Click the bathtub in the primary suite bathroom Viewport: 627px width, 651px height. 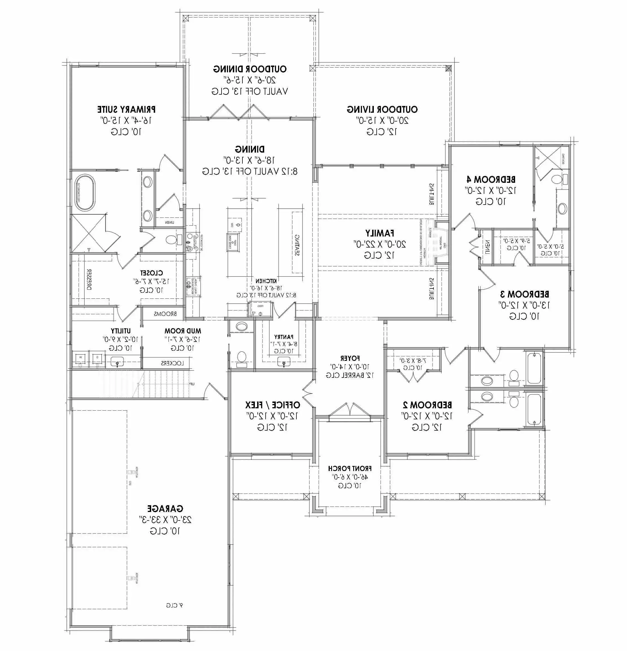pyautogui.click(x=84, y=193)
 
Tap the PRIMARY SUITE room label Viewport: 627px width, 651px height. pyautogui.click(x=126, y=109)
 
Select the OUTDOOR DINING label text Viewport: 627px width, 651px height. pyautogui.click(x=250, y=69)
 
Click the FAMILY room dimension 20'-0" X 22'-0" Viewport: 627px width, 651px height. pyautogui.click(x=379, y=244)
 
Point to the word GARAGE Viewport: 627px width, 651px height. pyautogui.click(x=165, y=509)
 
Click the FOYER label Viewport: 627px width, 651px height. pyautogui.click(x=350, y=358)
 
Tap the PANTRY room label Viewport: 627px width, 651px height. pyautogui.click(x=284, y=337)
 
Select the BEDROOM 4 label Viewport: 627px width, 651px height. pyautogui.click(x=491, y=180)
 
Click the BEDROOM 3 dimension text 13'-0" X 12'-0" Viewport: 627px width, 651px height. pyautogui.click(x=524, y=305)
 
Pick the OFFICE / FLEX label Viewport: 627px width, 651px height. pyautogui.click(x=272, y=405)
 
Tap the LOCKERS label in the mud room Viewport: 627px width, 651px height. pyautogui.click(x=172, y=363)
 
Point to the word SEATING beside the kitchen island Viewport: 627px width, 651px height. pyautogui.click(x=297, y=245)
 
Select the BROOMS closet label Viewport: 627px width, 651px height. pyautogui.click(x=165, y=314)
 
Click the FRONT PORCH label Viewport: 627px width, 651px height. pyautogui.click(x=350, y=468)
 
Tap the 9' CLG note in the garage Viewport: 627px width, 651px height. pyautogui.click(x=174, y=606)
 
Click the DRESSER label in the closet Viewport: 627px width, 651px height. pyautogui.click(x=90, y=280)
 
